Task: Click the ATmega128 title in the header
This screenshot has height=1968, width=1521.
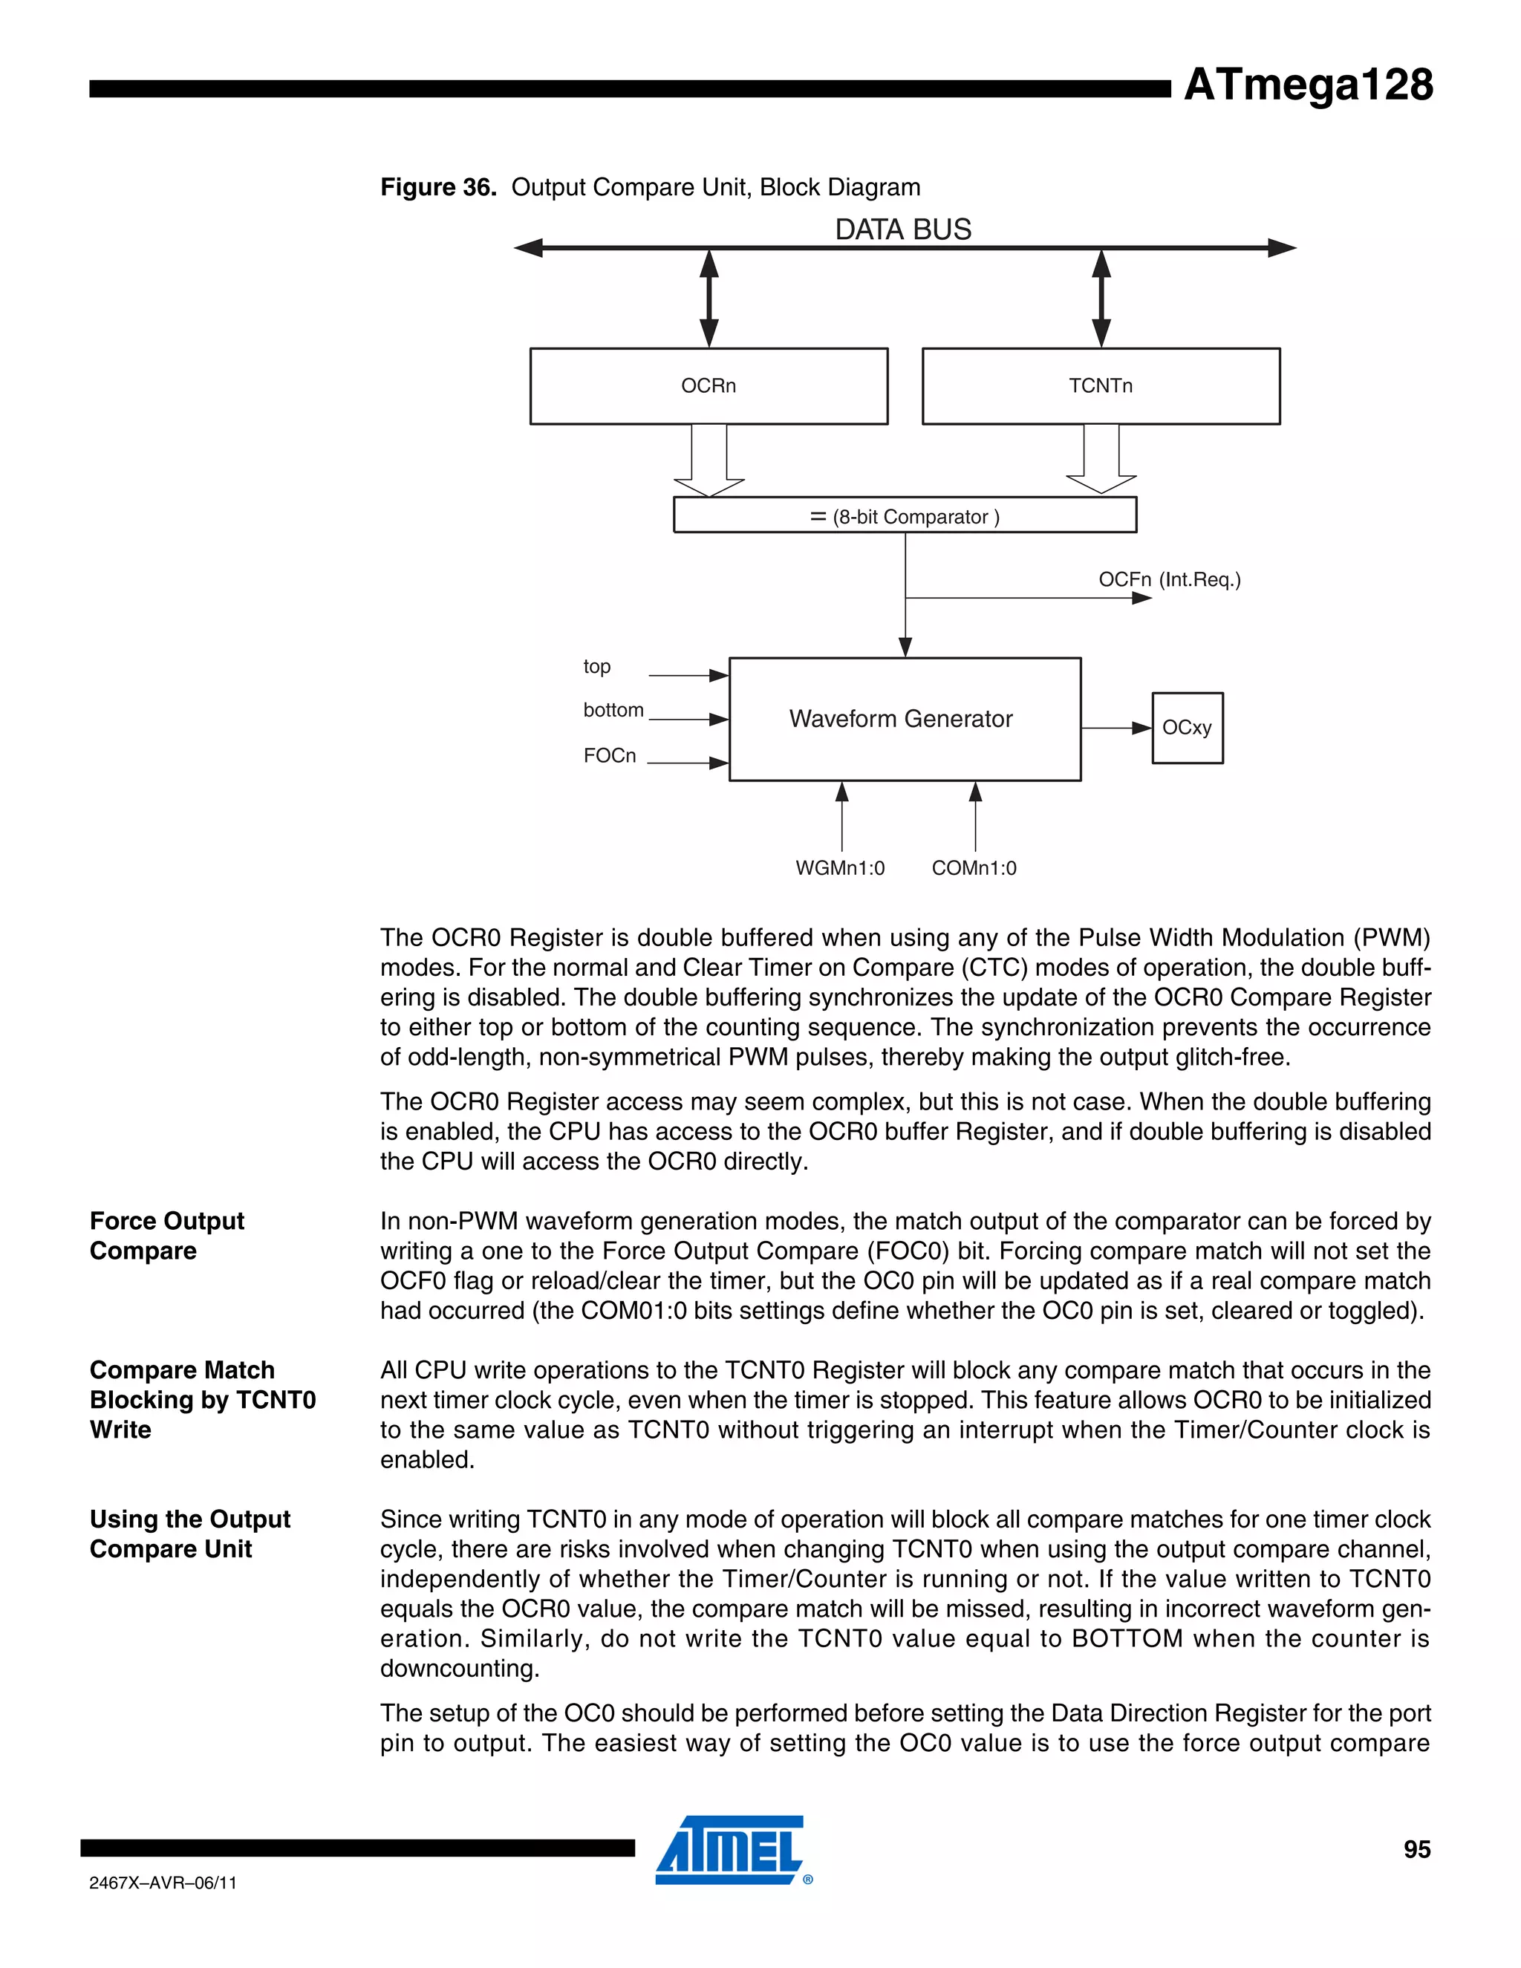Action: (1307, 85)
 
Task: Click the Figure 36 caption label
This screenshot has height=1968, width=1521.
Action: (438, 187)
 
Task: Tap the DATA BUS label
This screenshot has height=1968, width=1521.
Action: (903, 229)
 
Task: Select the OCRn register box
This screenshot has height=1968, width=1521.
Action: (709, 385)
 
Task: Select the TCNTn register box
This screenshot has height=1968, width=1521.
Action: (1100, 385)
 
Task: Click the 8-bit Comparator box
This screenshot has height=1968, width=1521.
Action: (905, 515)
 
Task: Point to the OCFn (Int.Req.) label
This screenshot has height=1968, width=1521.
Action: (1169, 579)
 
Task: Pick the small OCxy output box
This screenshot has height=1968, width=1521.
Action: (1187, 727)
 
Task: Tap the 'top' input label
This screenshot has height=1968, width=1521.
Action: (596, 667)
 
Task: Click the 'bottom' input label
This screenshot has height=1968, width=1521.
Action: (613, 710)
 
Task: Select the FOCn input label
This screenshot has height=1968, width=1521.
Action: (609, 756)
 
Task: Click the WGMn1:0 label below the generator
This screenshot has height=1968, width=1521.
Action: (840, 867)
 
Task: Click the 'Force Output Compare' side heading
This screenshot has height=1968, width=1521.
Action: (166, 1236)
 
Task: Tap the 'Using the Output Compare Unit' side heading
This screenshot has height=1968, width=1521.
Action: (189, 1534)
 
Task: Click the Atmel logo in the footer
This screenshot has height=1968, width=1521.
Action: (730, 1851)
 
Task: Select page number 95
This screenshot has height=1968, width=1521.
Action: (1416, 1849)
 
